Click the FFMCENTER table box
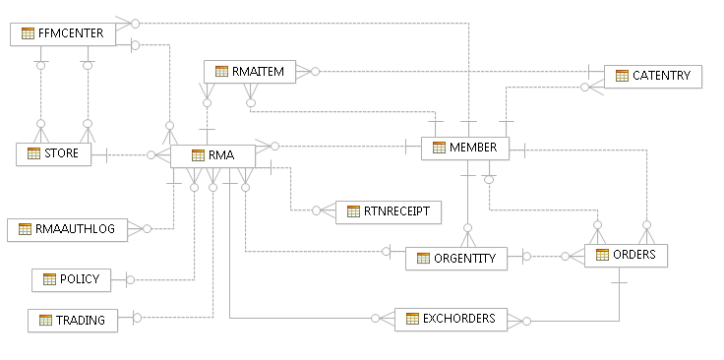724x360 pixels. (62, 34)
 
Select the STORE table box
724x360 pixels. (53, 154)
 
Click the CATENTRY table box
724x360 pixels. (652, 76)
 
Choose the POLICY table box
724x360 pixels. (71, 280)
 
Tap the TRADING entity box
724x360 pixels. (72, 320)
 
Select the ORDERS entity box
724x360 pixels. (627, 256)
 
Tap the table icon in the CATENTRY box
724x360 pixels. (622, 76)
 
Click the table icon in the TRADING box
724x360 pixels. (44, 320)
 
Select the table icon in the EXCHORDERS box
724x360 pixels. (411, 320)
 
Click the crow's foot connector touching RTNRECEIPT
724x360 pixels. (321, 210)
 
